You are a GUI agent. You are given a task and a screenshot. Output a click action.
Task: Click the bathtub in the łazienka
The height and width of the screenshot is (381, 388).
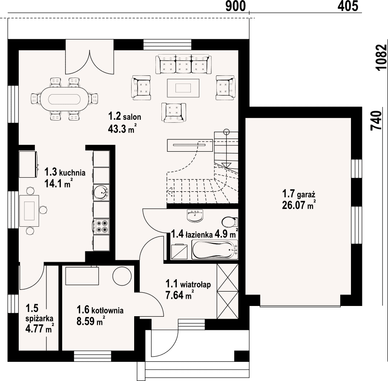click(215, 250)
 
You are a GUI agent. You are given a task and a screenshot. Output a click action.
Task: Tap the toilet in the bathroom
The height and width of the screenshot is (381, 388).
click(230, 222)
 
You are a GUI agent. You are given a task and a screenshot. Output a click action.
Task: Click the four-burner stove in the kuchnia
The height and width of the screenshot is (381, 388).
click(102, 226)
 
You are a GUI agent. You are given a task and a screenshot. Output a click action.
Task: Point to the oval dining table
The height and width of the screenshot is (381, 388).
click(64, 100)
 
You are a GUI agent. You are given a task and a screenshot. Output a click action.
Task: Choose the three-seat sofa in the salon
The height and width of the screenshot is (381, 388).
click(184, 64)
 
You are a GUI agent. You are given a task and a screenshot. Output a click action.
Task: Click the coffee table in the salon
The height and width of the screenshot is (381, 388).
click(183, 88)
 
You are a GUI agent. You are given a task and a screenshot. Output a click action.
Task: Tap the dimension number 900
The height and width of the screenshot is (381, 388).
click(236, 6)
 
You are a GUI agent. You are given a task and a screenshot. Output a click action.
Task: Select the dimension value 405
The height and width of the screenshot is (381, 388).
click(348, 6)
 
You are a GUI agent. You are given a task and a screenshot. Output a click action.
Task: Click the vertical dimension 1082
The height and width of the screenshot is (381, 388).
click(381, 58)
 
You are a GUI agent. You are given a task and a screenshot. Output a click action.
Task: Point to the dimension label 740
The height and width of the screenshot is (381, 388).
click(377, 121)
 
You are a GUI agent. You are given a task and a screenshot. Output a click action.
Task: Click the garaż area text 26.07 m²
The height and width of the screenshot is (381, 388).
click(299, 205)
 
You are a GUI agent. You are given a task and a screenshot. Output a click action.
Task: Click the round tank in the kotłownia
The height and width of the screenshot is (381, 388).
click(122, 276)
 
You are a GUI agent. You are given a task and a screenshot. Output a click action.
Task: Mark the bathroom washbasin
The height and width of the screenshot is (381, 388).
click(195, 216)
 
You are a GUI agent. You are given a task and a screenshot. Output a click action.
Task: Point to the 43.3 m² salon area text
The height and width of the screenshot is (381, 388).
click(122, 129)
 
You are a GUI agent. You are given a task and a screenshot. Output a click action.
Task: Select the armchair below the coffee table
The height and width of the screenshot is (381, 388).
click(174, 113)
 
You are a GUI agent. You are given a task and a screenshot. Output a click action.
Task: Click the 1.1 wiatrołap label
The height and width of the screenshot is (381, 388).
click(188, 284)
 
